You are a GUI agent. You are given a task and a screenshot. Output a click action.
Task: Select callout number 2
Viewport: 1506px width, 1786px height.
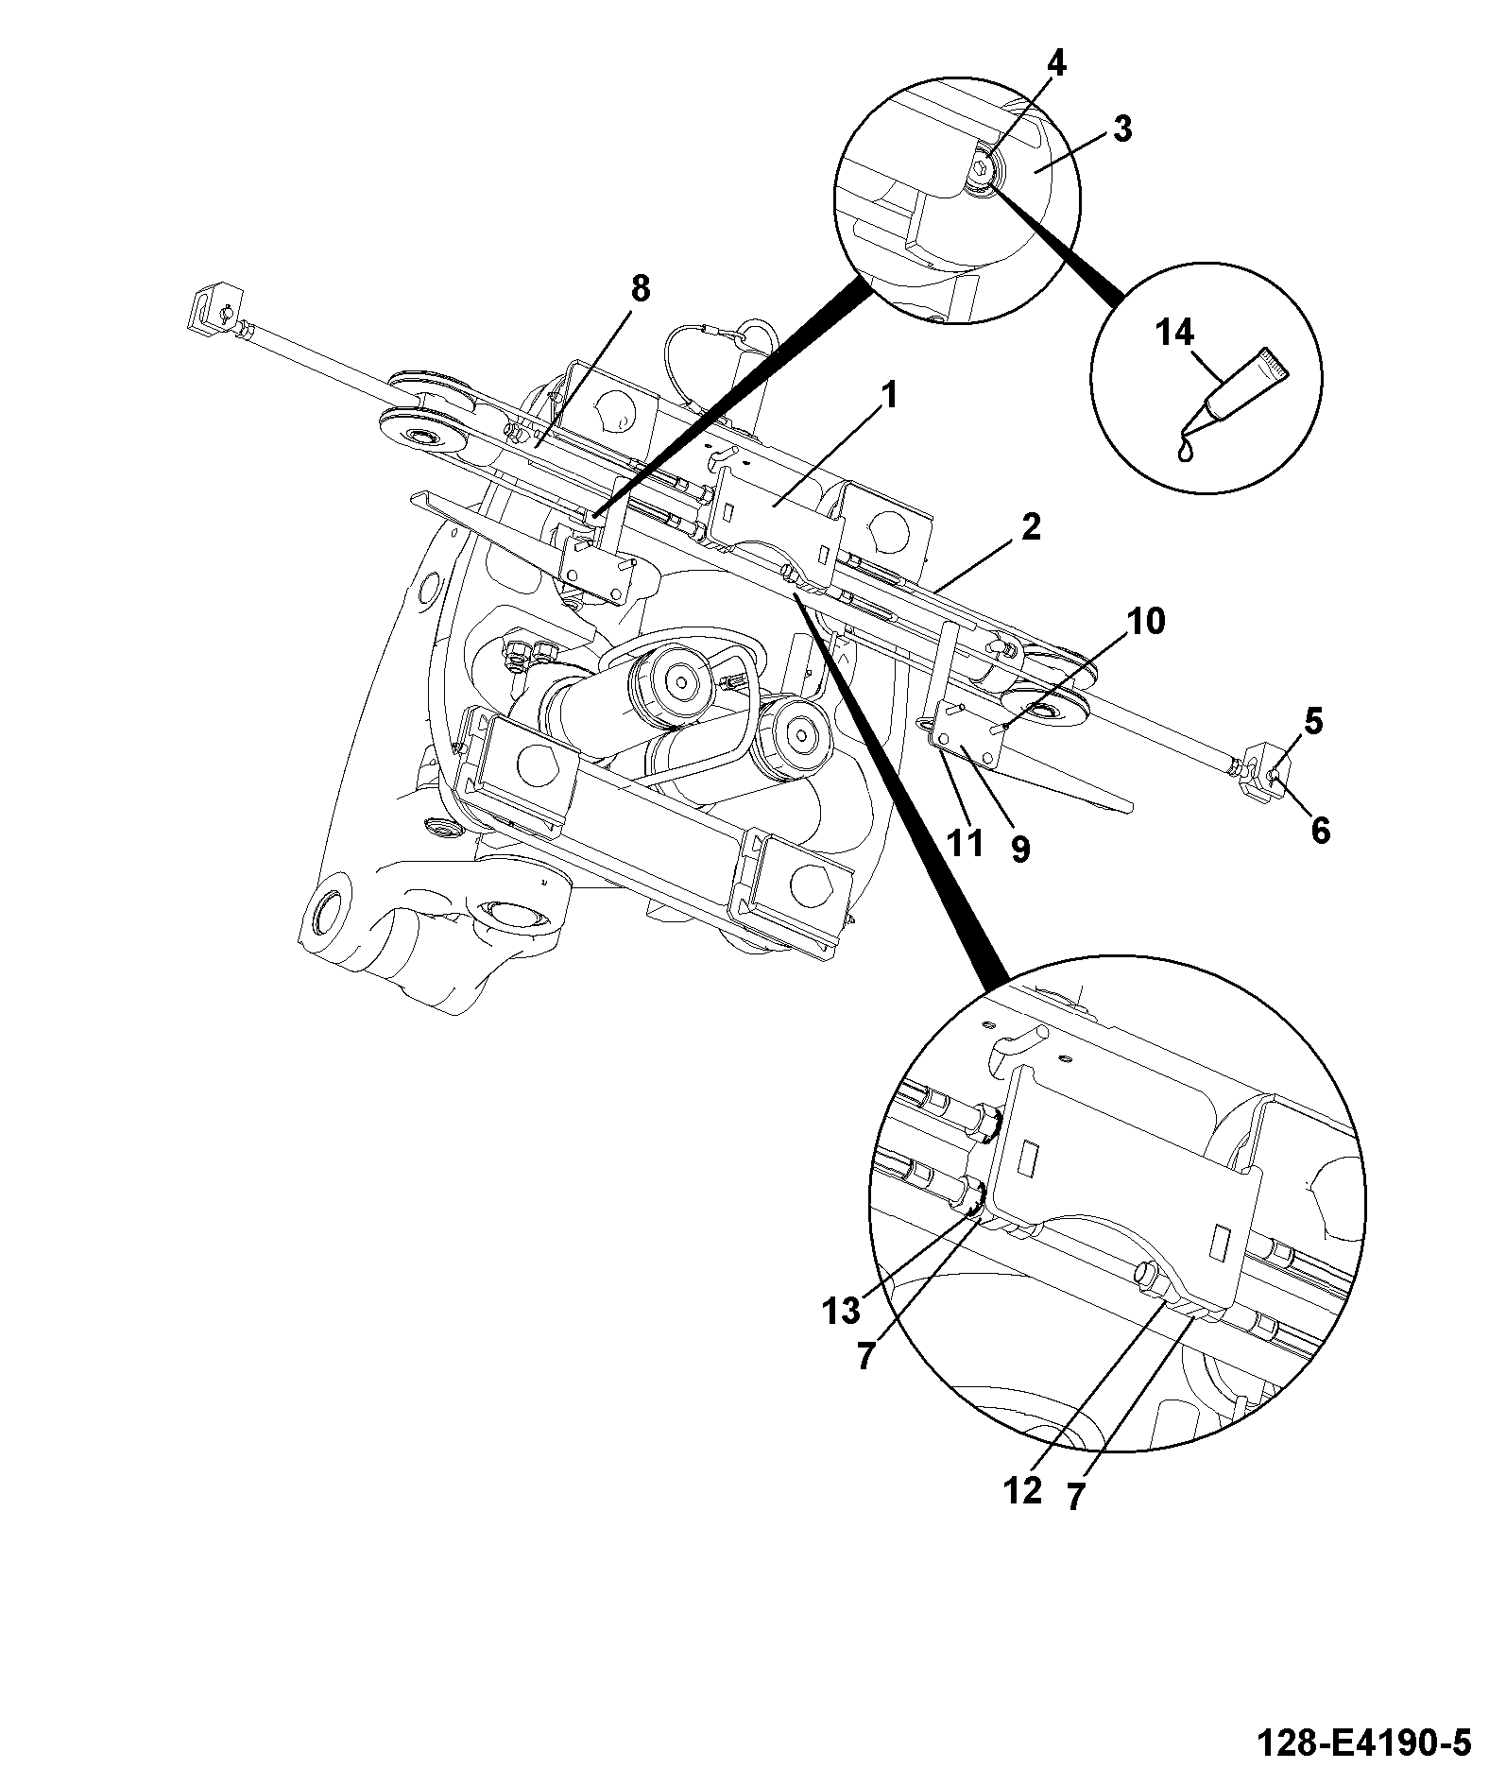point(1030,526)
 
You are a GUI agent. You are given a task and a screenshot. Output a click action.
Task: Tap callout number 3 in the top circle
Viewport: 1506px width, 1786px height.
point(1121,129)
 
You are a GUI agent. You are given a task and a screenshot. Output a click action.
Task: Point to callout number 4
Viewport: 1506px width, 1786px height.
point(1056,64)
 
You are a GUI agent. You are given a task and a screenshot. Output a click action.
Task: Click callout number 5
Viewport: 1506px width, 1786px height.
point(1314,722)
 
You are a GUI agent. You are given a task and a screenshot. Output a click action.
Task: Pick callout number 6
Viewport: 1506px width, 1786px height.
point(1319,831)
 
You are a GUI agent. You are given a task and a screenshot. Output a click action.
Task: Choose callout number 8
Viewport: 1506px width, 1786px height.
point(641,289)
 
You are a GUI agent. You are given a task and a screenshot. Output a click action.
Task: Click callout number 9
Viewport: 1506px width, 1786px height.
point(1019,849)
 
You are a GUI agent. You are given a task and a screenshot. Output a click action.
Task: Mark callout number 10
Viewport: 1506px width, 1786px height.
point(1146,621)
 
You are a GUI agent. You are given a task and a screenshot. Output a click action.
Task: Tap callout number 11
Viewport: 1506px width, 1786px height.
point(966,843)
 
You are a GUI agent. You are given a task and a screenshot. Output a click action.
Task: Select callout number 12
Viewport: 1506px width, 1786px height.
point(1024,1490)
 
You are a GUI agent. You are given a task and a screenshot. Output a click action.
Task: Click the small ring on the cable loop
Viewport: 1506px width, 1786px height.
point(753,334)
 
